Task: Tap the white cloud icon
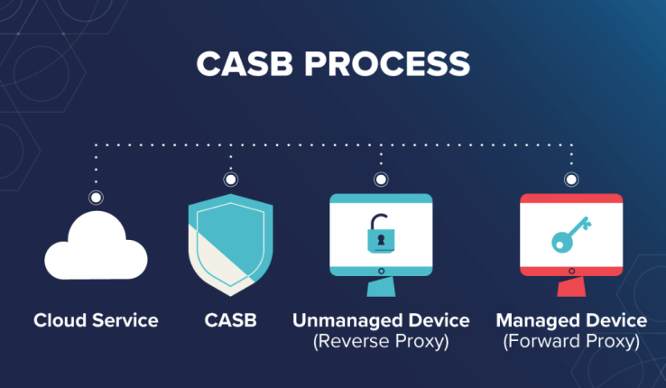(96, 247)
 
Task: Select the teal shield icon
(231, 245)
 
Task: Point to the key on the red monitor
(570, 237)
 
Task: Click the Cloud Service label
(96, 320)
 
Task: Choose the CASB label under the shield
(230, 320)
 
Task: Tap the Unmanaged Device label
(381, 320)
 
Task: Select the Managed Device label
(571, 320)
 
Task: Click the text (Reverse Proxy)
(381, 342)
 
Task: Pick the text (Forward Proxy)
(571, 342)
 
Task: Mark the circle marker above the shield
(231, 180)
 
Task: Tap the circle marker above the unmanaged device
(381, 180)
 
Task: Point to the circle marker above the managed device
(570, 180)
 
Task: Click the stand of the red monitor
(570, 287)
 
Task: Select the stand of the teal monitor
(381, 287)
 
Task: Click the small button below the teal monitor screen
(381, 270)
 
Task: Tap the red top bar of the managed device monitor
(570, 199)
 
